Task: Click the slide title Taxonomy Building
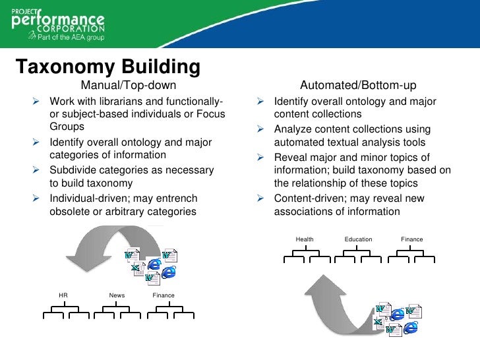tap(107, 67)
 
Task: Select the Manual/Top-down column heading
tap(129, 85)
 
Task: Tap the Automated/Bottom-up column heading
tap(358, 85)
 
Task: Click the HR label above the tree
tap(63, 295)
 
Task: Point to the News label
tap(117, 295)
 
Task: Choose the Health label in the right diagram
tap(305, 239)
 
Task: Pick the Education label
tap(358, 239)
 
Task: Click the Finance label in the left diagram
tap(164, 295)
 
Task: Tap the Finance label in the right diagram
tap(412, 239)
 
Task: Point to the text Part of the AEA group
tap(66, 39)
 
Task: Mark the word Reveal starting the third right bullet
tap(289, 157)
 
